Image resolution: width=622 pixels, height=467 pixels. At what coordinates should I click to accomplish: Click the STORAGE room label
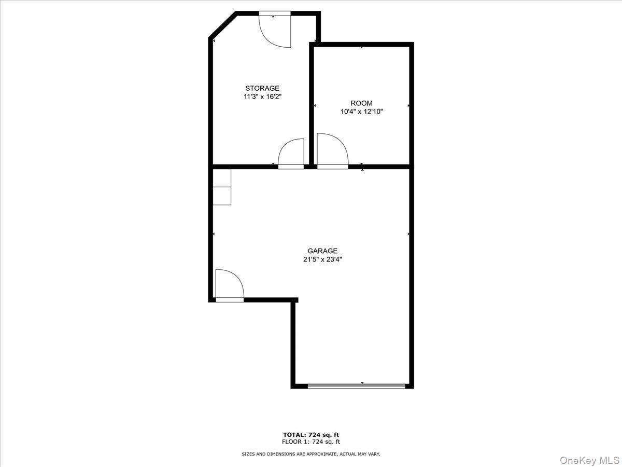262,88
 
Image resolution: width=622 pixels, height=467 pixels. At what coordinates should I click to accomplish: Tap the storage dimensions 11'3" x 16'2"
262,97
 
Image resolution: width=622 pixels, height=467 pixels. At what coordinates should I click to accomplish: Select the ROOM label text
361,103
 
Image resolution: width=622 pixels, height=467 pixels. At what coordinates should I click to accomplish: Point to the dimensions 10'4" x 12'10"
361,112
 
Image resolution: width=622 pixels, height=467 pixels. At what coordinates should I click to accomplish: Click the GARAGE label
322,251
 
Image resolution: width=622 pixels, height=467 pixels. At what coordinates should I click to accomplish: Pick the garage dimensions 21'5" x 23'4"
322,259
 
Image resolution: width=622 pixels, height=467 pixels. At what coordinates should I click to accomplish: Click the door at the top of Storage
275,30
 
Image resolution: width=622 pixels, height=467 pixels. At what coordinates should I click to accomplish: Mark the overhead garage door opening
356,386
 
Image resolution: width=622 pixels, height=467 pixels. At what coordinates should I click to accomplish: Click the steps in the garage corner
222,187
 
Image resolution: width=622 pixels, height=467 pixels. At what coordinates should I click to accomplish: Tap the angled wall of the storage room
223,24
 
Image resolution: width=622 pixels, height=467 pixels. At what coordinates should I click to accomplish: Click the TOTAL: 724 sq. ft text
311,435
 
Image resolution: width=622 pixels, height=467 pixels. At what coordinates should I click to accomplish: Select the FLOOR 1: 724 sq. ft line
311,442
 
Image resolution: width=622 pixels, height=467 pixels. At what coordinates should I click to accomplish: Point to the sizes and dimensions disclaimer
311,454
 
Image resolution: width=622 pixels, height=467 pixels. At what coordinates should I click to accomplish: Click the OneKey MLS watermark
593,460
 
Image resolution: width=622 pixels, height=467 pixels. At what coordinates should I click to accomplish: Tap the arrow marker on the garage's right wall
409,235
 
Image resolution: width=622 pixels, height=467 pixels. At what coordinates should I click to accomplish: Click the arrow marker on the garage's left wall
214,235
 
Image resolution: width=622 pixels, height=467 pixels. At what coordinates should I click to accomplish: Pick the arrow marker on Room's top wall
362,48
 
